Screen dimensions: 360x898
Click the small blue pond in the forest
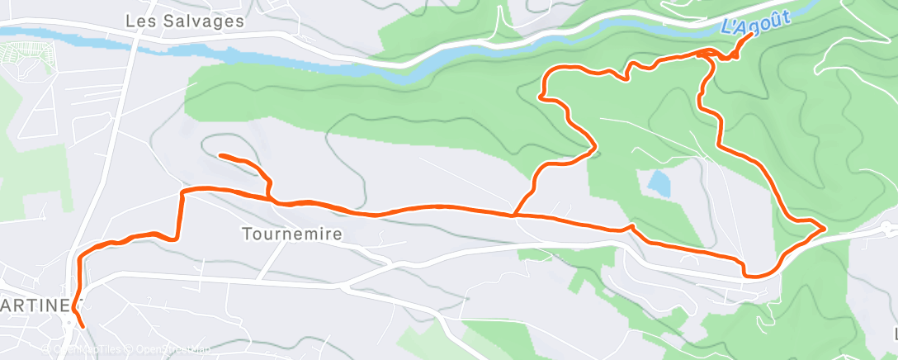tap(659, 183)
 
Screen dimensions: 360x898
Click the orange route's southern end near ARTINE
tap(83, 326)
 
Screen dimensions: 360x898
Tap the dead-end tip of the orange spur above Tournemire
tap(220, 155)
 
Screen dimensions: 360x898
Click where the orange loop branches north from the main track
tap(515, 215)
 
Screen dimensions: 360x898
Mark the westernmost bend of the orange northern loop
tap(541, 97)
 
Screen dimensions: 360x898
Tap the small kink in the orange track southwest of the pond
tap(630, 226)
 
